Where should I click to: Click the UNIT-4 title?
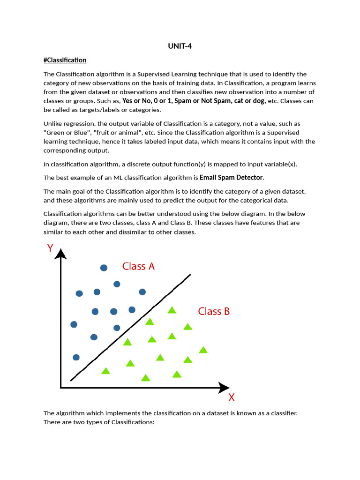(180, 46)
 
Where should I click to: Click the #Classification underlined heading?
(65, 60)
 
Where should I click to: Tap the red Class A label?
(138, 266)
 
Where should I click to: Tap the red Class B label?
(214, 311)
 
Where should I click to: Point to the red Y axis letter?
(50, 248)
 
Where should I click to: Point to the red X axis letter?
(231, 398)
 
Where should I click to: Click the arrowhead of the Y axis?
(61, 255)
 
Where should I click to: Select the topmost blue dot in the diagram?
(104, 268)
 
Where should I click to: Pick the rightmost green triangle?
(203, 350)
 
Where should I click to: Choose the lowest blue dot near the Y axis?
(76, 357)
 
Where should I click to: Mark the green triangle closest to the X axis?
(146, 378)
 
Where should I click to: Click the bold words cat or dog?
(252, 101)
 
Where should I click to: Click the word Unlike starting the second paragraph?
(53, 124)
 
